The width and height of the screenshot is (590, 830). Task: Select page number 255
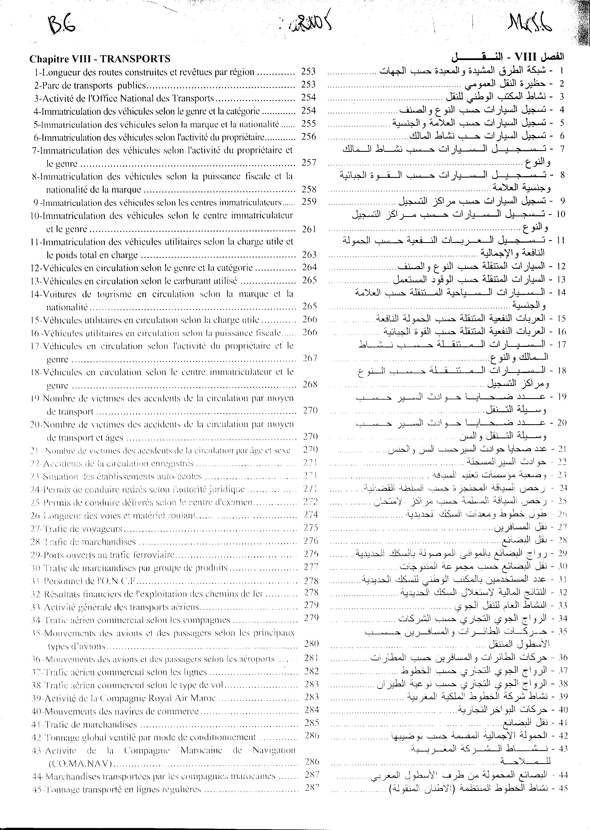[x=308, y=123]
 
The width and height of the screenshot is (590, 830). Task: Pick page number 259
[x=309, y=202]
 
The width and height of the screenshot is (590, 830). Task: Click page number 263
[x=309, y=255]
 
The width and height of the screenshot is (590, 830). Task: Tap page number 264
[x=310, y=267]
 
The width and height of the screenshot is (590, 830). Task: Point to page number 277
[x=311, y=567]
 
